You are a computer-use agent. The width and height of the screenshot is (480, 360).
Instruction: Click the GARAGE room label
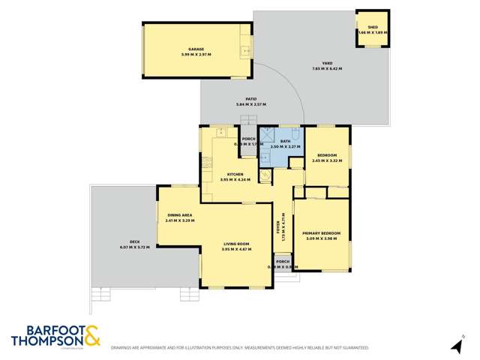tap(195, 49)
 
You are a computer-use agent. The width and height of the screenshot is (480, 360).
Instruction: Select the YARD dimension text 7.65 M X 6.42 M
tap(327, 69)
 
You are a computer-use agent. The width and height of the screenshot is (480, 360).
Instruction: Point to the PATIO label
tap(251, 99)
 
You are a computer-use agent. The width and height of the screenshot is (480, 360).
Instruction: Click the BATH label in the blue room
tap(286, 141)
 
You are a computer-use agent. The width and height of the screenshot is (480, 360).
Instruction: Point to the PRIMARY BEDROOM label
tap(321, 233)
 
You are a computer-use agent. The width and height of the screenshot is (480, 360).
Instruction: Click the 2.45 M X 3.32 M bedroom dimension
tap(327, 160)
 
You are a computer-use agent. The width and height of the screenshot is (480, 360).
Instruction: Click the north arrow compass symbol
tap(454, 345)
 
